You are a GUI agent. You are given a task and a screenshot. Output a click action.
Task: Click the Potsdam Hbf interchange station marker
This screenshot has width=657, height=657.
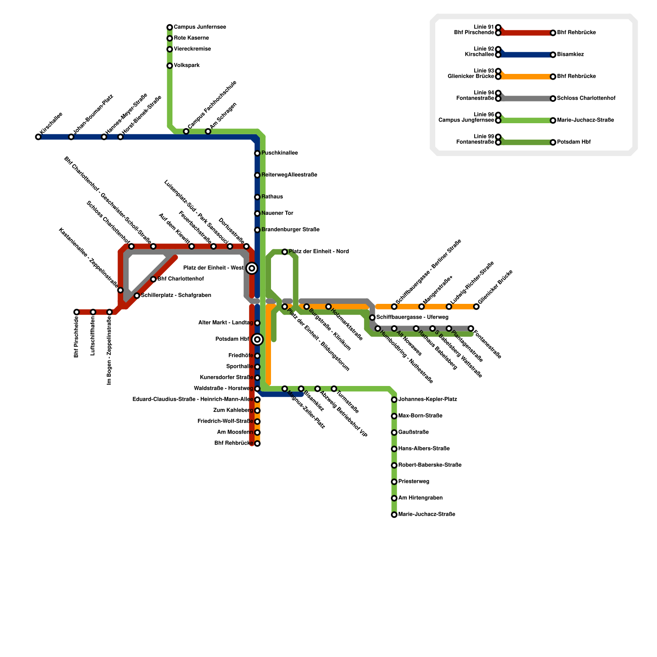pyautogui.click(x=257, y=339)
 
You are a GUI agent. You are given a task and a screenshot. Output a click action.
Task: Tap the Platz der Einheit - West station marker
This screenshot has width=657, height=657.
pyautogui.click(x=252, y=269)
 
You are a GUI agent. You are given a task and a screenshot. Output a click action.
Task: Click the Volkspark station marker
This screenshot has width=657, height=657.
pyautogui.click(x=170, y=66)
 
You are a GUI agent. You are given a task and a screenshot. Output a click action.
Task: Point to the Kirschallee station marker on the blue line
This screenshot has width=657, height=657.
pyautogui.click(x=38, y=137)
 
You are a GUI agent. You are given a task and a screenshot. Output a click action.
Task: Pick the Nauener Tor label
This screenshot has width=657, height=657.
pyautogui.click(x=277, y=213)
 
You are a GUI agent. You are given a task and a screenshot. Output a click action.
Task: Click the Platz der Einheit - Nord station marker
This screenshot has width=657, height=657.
pyautogui.click(x=285, y=252)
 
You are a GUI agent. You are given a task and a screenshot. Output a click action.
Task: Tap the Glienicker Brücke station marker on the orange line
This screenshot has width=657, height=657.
pyautogui.click(x=476, y=306)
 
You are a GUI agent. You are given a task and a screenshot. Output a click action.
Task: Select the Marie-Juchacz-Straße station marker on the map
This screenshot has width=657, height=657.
pyautogui.click(x=394, y=515)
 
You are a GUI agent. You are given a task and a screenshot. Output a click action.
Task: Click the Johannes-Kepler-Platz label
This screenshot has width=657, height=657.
pyautogui.click(x=427, y=399)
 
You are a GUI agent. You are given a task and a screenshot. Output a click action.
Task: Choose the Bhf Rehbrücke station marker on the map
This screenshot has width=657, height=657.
pyautogui.click(x=257, y=443)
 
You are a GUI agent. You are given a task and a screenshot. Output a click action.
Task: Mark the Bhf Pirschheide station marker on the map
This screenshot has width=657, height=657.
pyautogui.click(x=76, y=312)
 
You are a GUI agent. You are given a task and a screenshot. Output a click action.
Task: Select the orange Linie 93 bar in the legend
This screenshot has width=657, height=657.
pyautogui.click(x=526, y=77)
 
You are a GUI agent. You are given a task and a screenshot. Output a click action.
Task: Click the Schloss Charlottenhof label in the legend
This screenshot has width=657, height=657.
pyautogui.click(x=586, y=99)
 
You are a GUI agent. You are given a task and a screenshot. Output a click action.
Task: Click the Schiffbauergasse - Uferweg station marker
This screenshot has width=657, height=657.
pyautogui.click(x=372, y=317)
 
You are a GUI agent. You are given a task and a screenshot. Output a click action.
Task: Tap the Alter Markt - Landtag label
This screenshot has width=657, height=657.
pyautogui.click(x=225, y=323)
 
